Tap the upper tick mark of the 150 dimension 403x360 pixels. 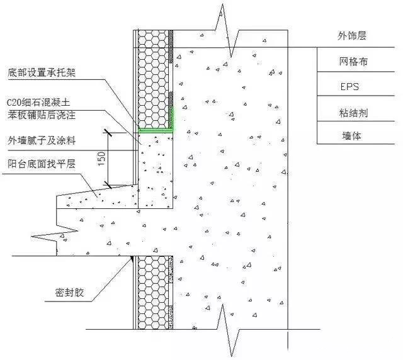click(108, 133)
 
